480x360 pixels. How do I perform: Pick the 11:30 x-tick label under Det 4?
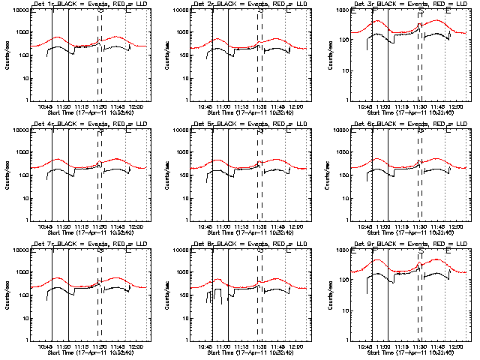click(x=99, y=226)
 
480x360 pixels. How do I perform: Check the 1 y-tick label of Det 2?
click(x=183, y=100)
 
